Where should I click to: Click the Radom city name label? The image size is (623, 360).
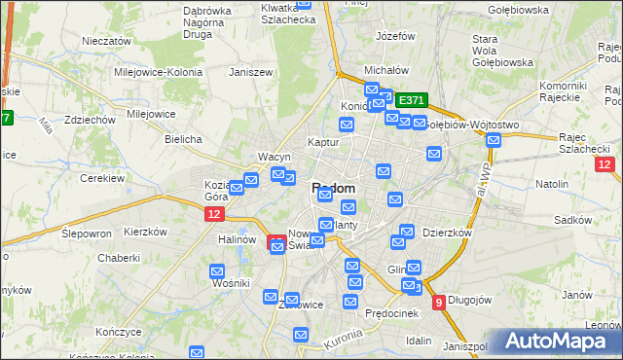tap(333, 188)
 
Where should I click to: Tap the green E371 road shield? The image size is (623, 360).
tap(412, 100)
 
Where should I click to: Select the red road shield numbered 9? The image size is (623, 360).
tap(439, 303)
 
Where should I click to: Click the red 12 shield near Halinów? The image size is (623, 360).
tap(215, 214)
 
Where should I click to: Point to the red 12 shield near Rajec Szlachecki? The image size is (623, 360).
tap(605, 164)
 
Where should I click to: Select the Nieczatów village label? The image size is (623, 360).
tap(107, 42)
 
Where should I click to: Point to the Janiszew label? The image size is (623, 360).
tap(248, 72)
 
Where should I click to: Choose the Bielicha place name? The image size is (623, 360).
tap(183, 139)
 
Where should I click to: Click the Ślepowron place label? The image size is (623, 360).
tap(87, 234)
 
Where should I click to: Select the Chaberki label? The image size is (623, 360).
tap(119, 259)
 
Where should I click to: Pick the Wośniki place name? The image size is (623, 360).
tap(231, 282)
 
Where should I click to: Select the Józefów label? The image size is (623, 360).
tap(395, 36)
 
